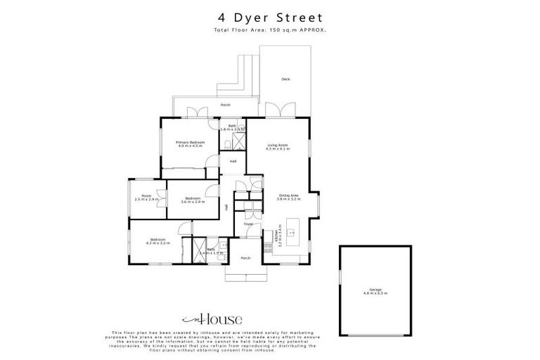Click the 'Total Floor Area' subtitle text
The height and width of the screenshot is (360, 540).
(270, 30)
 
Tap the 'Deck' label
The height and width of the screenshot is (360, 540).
(285, 79)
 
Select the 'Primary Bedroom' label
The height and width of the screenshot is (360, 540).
(190, 144)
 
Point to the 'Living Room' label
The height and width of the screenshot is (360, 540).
(278, 147)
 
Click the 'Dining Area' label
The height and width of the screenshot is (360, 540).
(289, 198)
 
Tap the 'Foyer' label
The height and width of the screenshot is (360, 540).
(248, 224)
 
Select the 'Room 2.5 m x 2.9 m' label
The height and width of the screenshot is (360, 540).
(147, 198)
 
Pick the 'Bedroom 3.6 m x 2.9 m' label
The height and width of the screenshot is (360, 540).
(193, 200)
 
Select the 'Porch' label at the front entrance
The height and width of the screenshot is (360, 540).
(245, 258)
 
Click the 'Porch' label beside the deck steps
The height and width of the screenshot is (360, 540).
(225, 105)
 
